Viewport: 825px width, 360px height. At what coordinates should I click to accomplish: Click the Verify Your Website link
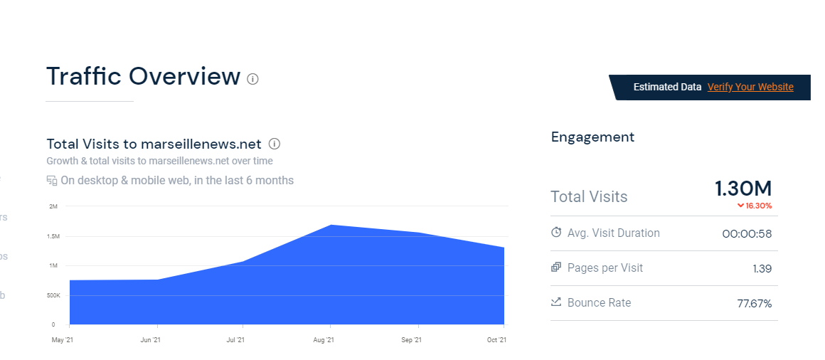coord(750,87)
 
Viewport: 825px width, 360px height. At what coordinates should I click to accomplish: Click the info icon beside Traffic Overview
coord(252,78)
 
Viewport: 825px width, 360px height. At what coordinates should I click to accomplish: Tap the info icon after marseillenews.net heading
coord(275,144)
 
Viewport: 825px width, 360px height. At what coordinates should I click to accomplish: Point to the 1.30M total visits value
coord(742,189)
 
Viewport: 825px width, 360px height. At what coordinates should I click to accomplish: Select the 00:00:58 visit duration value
coord(746,234)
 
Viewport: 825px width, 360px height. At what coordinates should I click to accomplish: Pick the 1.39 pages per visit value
coord(762,269)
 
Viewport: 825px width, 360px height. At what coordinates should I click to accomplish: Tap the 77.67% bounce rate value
coord(754,304)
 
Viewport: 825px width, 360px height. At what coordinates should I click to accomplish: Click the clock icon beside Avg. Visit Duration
coord(556,233)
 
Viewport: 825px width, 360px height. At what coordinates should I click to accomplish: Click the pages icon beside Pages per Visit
coord(556,268)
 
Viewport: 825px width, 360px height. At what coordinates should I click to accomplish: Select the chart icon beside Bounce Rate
coord(556,302)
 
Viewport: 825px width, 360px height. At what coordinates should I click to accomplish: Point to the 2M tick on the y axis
coord(53,206)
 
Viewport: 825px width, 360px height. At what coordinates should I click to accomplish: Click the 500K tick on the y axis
coord(54,295)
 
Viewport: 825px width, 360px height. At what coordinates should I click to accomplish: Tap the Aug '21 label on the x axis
coord(323,340)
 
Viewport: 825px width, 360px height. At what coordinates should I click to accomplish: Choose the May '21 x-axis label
coord(63,340)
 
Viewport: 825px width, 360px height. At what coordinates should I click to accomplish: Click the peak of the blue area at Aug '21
coord(331,226)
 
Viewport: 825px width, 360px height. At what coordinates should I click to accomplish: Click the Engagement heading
coord(592,137)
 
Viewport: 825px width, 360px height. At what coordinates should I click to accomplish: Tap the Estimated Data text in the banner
coord(667,87)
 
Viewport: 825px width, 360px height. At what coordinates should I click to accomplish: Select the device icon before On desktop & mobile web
coord(52,181)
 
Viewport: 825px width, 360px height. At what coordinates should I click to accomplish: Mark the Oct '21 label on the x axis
coord(497,340)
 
